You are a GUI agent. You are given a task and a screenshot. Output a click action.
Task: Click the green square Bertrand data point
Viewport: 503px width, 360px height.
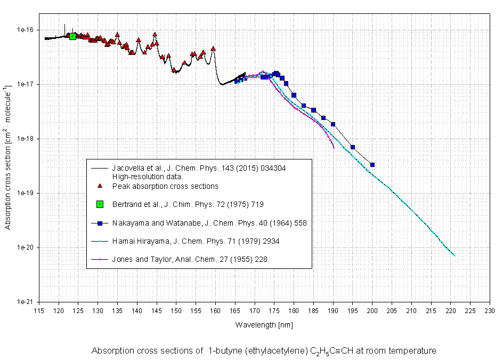click(x=72, y=36)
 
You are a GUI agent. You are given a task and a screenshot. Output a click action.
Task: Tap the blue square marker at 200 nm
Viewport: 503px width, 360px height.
click(x=372, y=165)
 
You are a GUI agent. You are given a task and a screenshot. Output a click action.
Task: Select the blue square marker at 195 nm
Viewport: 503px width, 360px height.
click(x=353, y=147)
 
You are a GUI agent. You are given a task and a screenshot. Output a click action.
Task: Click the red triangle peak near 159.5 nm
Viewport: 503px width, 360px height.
click(x=213, y=49)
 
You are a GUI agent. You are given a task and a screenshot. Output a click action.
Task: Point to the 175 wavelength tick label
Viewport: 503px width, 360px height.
click(x=274, y=310)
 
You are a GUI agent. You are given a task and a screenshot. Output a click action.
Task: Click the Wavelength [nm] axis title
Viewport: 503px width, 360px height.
click(x=264, y=324)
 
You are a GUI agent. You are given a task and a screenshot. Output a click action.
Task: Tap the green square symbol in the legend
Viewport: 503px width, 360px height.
click(x=100, y=204)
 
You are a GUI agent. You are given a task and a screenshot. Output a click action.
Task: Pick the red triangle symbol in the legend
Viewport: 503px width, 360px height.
click(x=100, y=186)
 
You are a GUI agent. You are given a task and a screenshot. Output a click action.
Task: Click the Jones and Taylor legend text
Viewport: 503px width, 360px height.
click(x=189, y=259)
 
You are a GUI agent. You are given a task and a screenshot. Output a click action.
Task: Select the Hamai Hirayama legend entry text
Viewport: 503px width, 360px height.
click(x=196, y=241)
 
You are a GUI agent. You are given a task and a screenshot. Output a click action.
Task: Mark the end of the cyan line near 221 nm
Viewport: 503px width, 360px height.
click(x=455, y=256)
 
